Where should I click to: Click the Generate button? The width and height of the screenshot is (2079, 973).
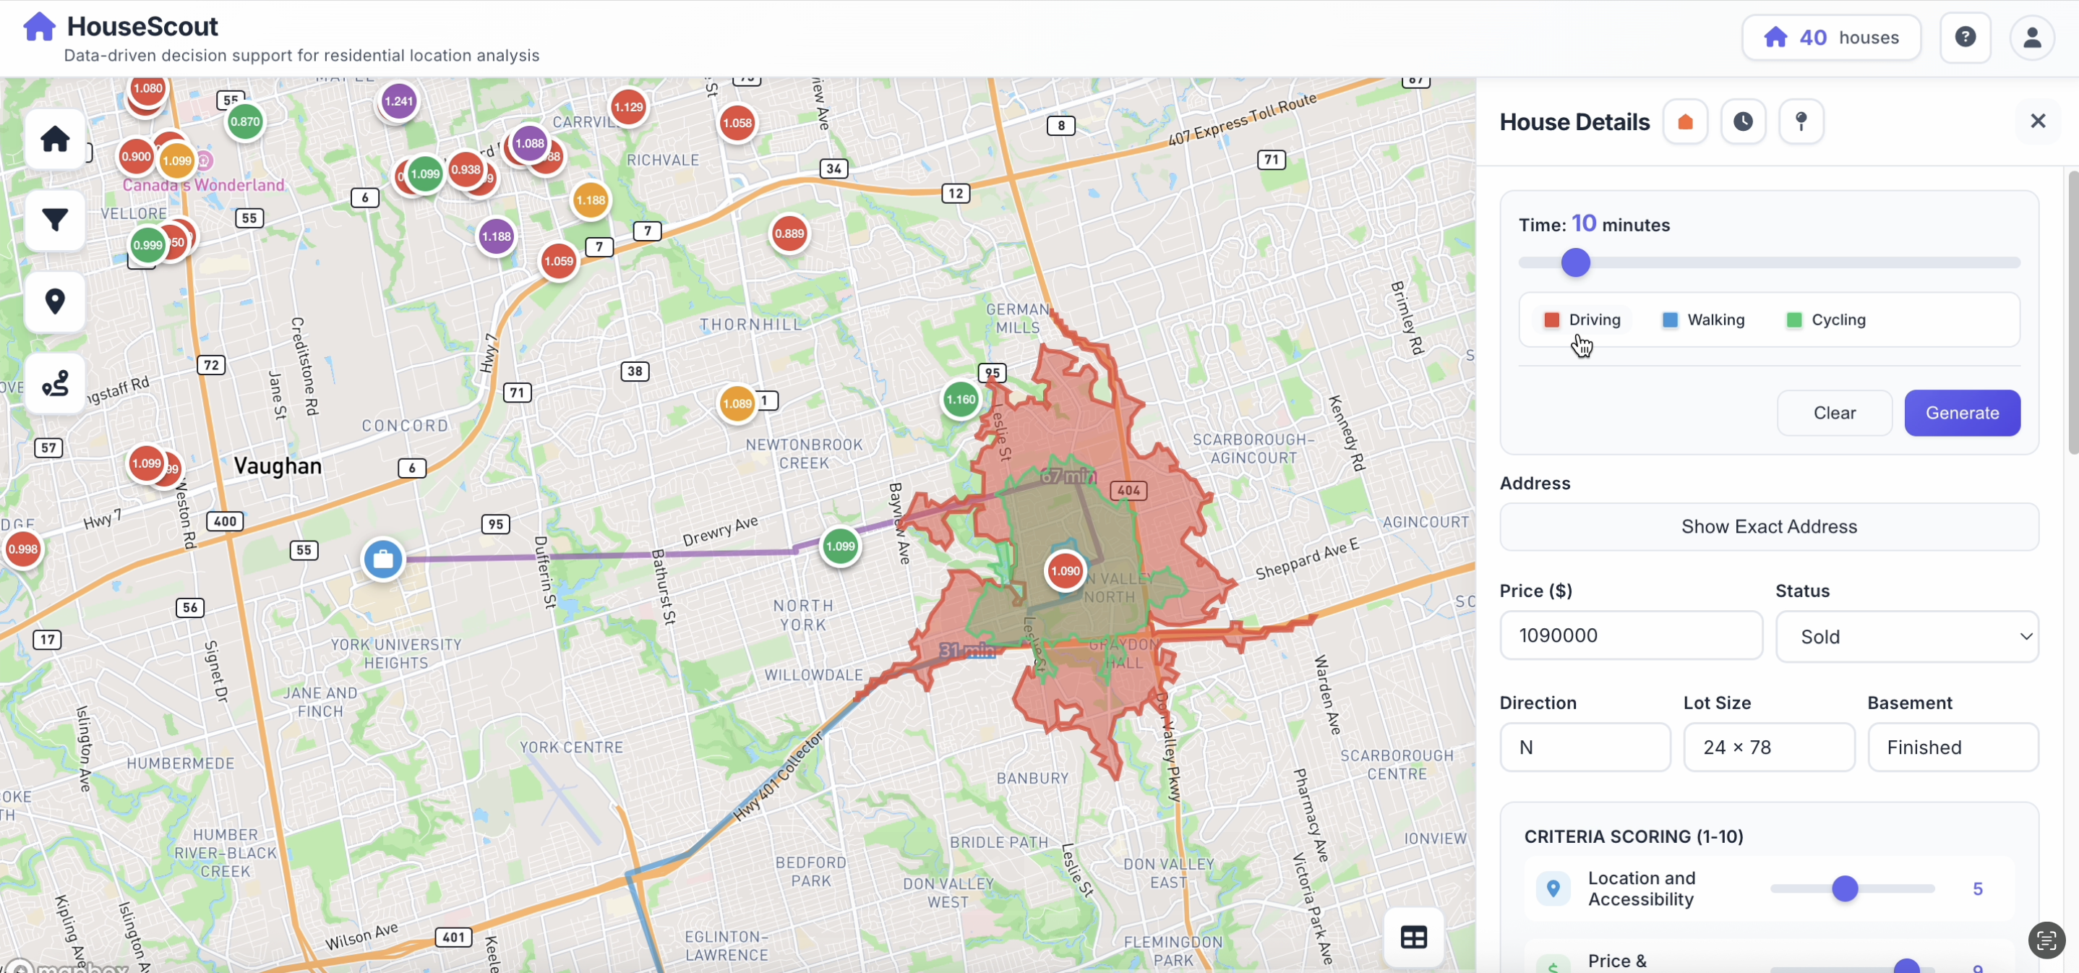click(1962, 413)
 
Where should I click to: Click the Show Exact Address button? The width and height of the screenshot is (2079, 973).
click(1768, 527)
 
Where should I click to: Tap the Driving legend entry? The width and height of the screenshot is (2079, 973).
click(1582, 320)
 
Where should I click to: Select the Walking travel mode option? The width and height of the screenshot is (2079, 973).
click(1704, 320)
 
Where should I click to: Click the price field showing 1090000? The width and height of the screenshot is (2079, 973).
click(1630, 635)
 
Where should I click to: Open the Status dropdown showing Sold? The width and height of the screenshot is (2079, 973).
click(1906, 637)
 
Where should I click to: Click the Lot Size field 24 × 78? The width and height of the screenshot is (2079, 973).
click(1768, 747)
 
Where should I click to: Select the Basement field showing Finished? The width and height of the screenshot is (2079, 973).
click(1952, 747)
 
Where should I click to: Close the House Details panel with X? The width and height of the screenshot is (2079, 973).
click(2038, 121)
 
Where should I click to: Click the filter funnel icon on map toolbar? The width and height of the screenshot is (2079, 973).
click(55, 220)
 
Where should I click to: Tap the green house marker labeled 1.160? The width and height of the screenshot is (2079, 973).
click(961, 399)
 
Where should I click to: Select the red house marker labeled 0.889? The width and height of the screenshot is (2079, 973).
click(789, 234)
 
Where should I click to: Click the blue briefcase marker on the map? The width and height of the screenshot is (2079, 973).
click(382, 559)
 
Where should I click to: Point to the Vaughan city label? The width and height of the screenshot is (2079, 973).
click(278, 466)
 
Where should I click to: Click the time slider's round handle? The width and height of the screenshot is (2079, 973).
click(1575, 263)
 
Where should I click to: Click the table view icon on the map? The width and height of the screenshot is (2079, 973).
click(1413, 938)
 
